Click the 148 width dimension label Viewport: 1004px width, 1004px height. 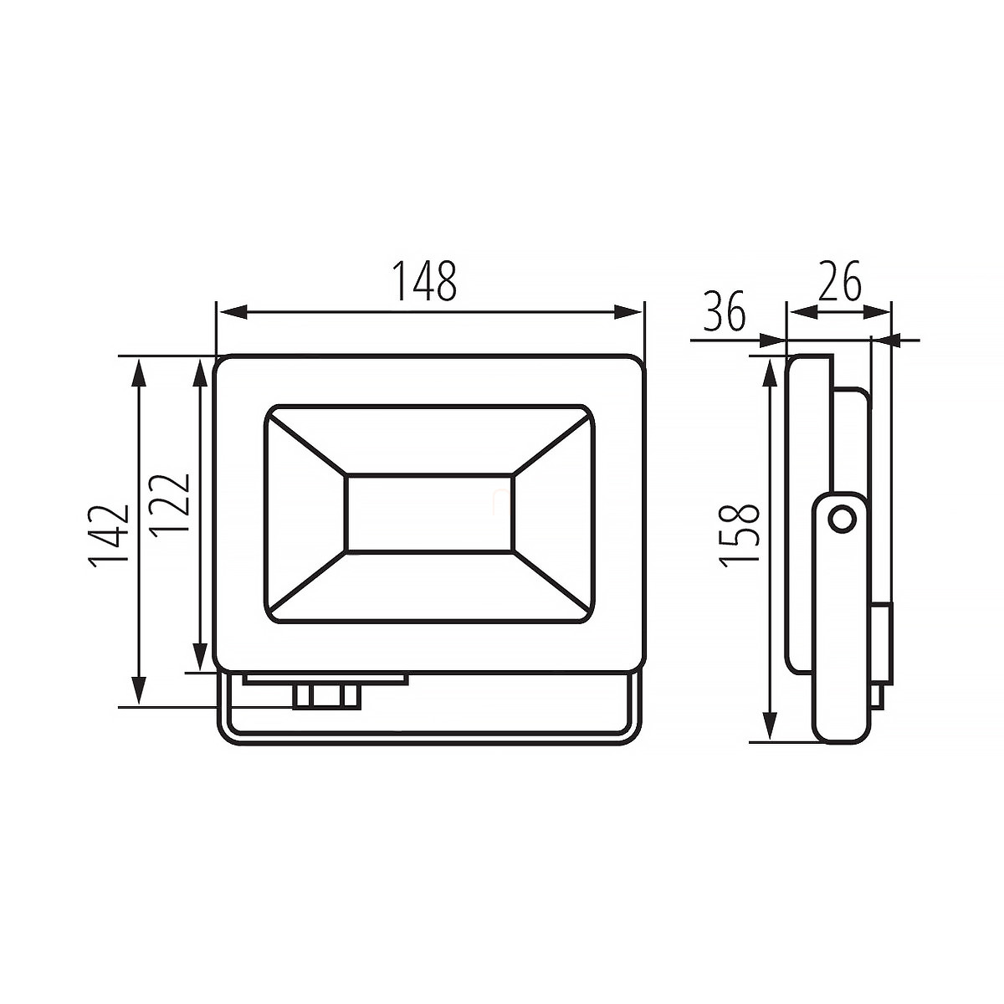pyautogui.click(x=424, y=280)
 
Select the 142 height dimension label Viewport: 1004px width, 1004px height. pyautogui.click(x=109, y=535)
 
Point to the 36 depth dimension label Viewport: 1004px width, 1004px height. pyautogui.click(x=725, y=310)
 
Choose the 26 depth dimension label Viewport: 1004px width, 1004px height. pyautogui.click(x=839, y=281)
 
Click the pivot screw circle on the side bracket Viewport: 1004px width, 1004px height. pyautogui.click(x=842, y=519)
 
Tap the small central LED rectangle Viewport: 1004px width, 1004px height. pyautogui.click(x=430, y=513)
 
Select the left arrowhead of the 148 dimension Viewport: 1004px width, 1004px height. pyautogui.click(x=233, y=312)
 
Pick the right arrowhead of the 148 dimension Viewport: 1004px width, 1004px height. pyautogui.click(x=627, y=312)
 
